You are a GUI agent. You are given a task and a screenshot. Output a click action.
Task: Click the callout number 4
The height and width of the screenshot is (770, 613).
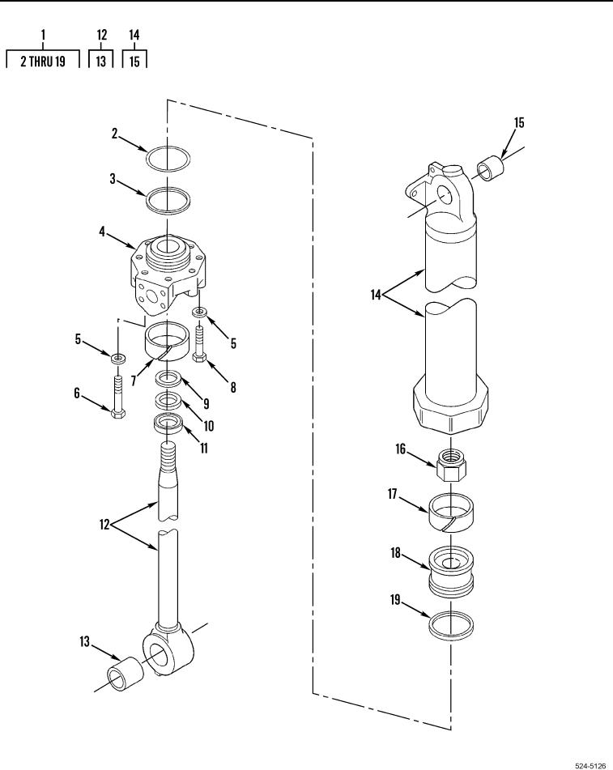point(102,232)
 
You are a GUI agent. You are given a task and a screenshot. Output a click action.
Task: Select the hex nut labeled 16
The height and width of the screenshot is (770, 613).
point(451,466)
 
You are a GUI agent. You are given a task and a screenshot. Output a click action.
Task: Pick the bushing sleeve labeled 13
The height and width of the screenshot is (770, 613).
point(126,674)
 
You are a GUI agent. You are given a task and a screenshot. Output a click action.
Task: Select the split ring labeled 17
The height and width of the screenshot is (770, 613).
point(452,513)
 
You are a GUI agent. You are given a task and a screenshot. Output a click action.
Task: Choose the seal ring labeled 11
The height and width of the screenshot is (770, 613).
point(169,423)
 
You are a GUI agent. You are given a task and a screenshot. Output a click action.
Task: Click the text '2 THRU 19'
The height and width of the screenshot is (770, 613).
point(43,62)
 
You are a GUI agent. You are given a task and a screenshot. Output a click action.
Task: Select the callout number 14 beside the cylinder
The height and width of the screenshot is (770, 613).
point(376,296)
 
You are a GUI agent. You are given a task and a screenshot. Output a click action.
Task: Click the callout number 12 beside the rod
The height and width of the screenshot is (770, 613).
point(104,525)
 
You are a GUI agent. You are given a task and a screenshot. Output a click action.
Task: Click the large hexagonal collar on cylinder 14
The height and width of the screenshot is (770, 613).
point(450,406)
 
